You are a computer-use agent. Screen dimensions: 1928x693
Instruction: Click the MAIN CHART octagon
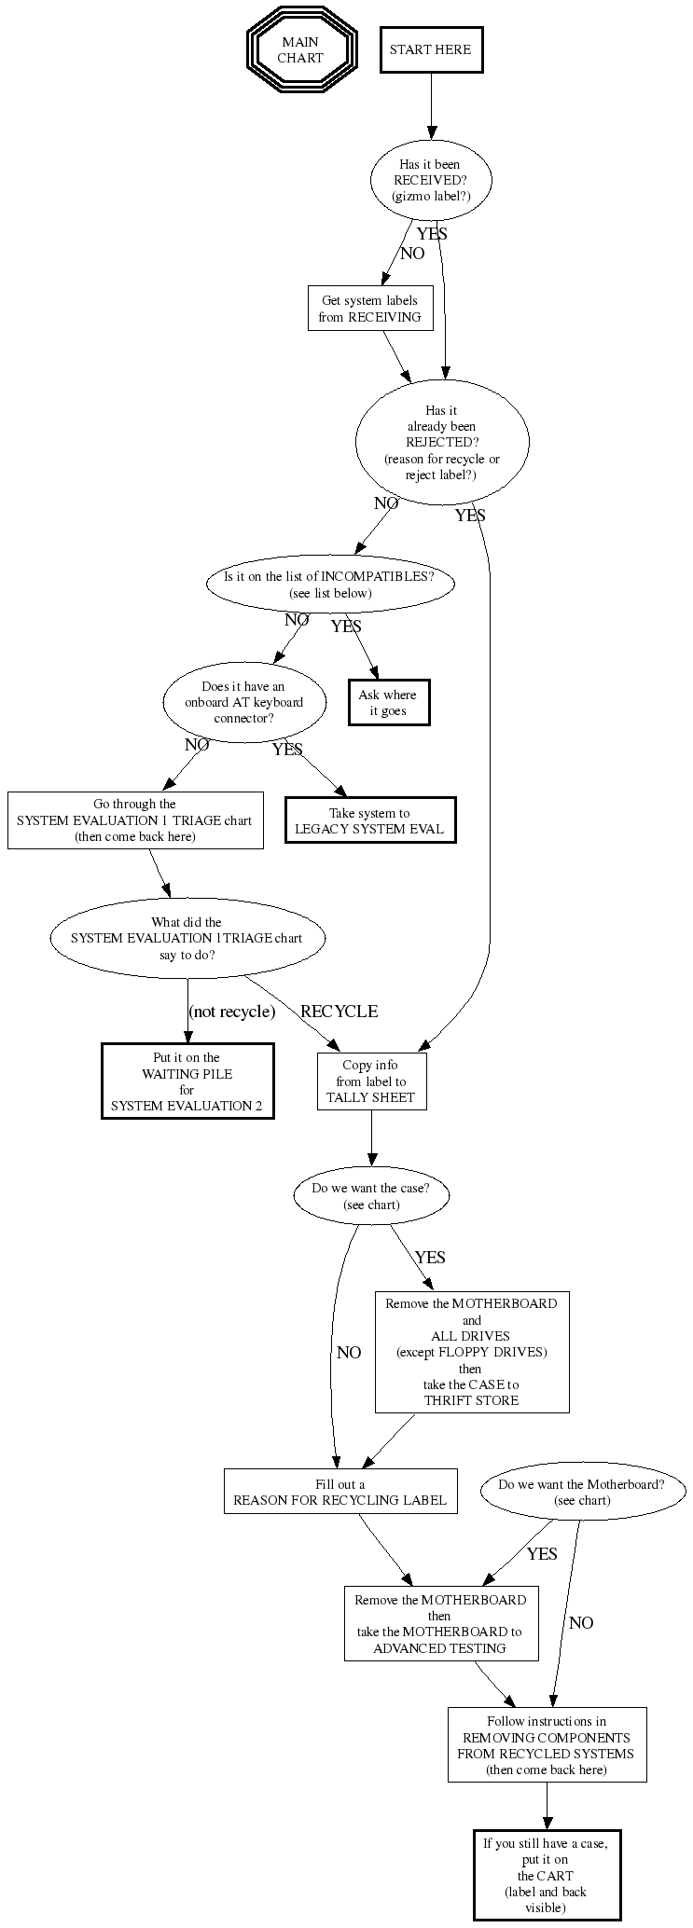click(301, 49)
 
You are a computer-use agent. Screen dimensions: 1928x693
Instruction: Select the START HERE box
click(431, 49)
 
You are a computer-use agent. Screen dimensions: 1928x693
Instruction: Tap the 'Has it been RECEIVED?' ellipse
click(431, 180)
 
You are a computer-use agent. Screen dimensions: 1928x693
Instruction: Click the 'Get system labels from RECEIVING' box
click(370, 308)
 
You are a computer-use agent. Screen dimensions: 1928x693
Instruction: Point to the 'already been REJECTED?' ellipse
click(442, 442)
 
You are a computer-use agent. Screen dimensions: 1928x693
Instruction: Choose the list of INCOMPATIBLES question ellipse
click(330, 584)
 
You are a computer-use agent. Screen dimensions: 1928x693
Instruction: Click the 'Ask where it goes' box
click(388, 702)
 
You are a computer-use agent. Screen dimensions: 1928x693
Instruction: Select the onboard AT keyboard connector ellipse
click(244, 702)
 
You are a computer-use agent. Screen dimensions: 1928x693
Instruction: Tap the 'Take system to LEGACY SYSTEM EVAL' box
click(369, 820)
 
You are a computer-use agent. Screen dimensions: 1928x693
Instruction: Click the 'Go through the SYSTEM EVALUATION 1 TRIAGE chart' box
click(135, 820)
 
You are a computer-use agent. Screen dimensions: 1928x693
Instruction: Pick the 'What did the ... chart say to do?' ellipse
click(187, 938)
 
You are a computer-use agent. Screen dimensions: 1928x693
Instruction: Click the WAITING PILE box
click(187, 1081)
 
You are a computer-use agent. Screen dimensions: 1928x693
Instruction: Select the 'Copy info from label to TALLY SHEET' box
click(371, 1081)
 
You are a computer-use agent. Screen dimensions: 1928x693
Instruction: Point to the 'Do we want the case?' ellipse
click(371, 1196)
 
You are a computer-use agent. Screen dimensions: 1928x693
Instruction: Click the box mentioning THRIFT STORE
click(472, 1352)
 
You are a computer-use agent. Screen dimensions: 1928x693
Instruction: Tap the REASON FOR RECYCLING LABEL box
click(340, 1492)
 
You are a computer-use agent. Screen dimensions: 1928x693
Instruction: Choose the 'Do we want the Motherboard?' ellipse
click(582, 1492)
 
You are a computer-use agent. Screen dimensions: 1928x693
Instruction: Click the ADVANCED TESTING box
click(440, 1623)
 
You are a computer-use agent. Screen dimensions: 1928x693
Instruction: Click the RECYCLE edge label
click(339, 1012)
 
